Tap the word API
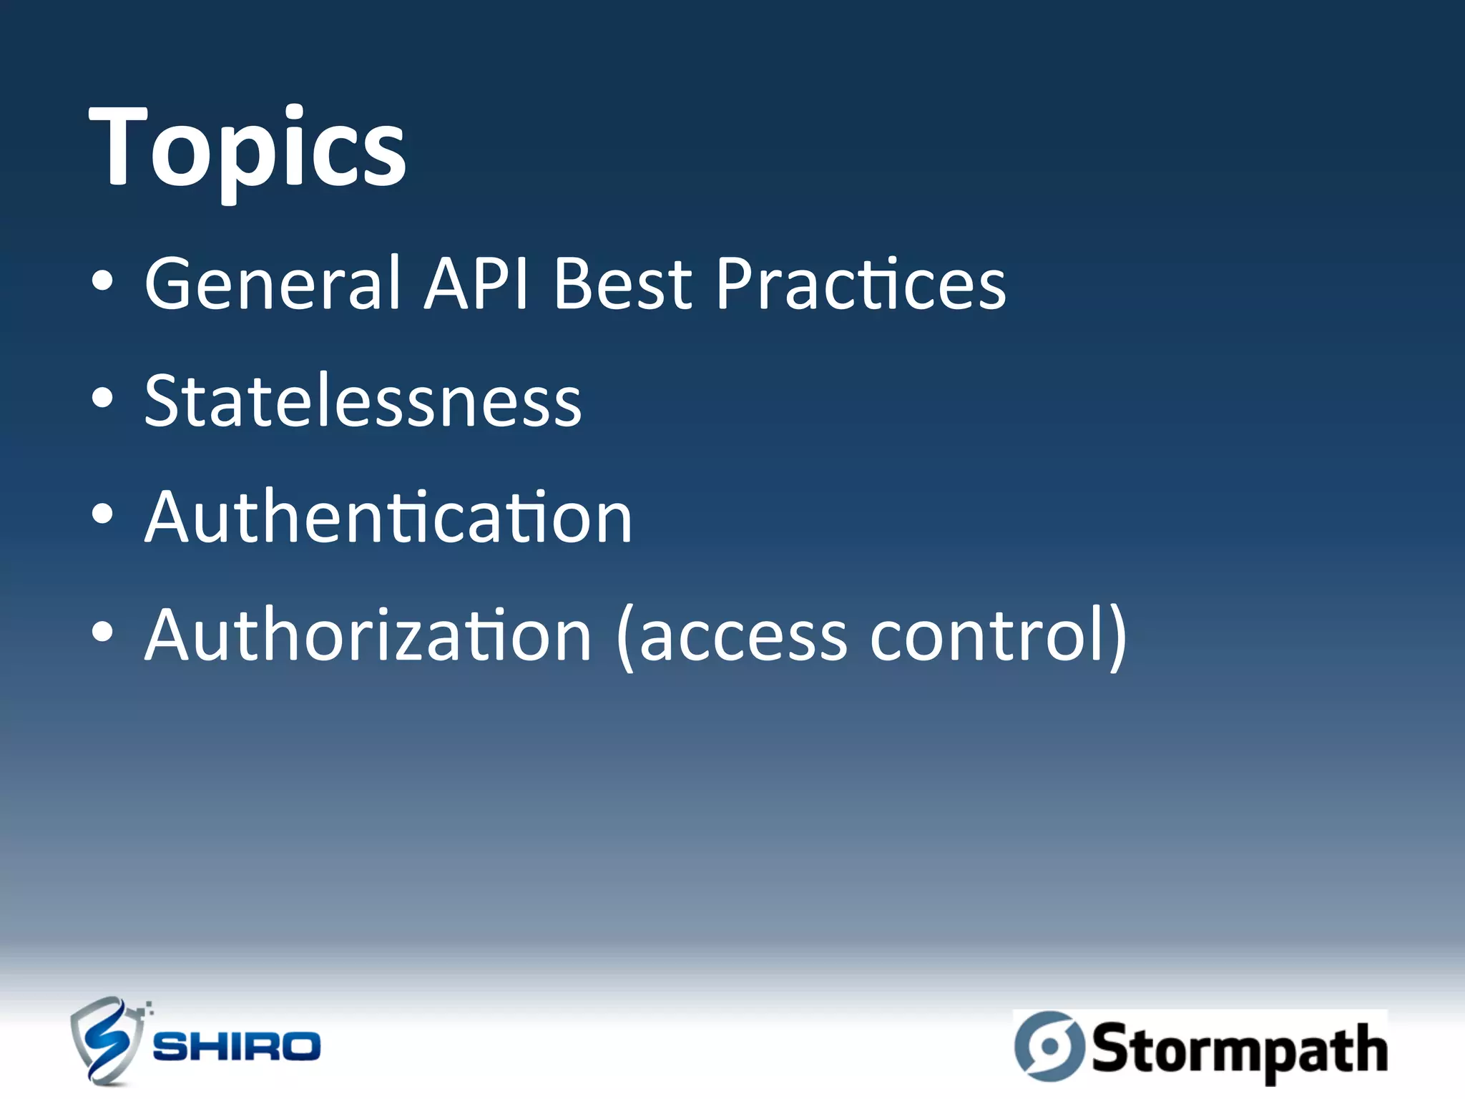(476, 284)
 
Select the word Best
(622, 284)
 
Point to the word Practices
(861, 284)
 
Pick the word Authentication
(388, 517)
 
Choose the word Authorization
(368, 635)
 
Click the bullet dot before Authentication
(102, 515)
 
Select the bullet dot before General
(102, 282)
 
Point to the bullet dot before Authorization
(102, 632)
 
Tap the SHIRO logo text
(237, 1046)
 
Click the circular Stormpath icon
(1049, 1045)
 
